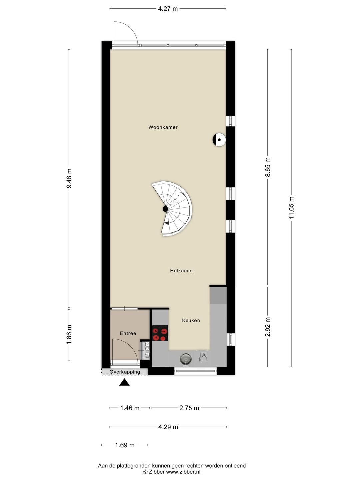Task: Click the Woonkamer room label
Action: pyautogui.click(x=163, y=127)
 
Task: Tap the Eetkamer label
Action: pyautogui.click(x=181, y=271)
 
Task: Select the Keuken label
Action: pyautogui.click(x=191, y=320)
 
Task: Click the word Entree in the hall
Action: pyautogui.click(x=128, y=333)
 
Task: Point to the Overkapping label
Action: pyautogui.click(x=124, y=372)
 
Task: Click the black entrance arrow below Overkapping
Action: pyautogui.click(x=124, y=383)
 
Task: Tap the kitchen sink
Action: pyautogui.click(x=186, y=359)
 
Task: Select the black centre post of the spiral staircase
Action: pyautogui.click(x=165, y=209)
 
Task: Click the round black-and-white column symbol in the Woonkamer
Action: pyautogui.click(x=219, y=140)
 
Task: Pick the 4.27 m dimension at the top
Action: pyautogui.click(x=168, y=9)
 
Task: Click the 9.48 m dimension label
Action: pyautogui.click(x=69, y=178)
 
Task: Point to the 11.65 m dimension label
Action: pyautogui.click(x=291, y=208)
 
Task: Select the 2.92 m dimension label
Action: pyautogui.click(x=268, y=327)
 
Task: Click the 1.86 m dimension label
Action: pyautogui.click(x=69, y=334)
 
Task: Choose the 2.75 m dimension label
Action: pyautogui.click(x=189, y=408)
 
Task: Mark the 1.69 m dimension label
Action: pyautogui.click(x=125, y=445)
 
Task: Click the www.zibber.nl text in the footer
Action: pyautogui.click(x=183, y=472)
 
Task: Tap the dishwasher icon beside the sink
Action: pyautogui.click(x=203, y=357)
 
